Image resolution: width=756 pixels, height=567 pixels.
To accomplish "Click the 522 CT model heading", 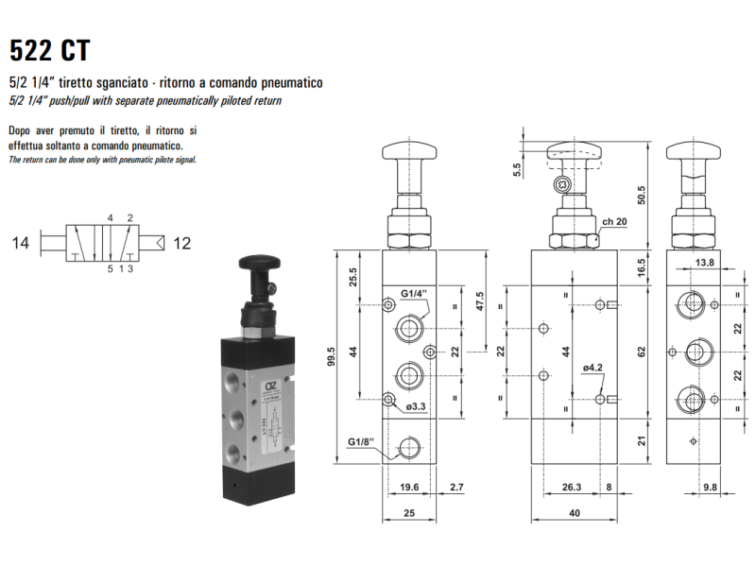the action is [50, 50].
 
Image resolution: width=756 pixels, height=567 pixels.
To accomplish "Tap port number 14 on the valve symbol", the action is [21, 243].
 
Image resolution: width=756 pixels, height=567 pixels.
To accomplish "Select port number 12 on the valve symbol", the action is [181, 243].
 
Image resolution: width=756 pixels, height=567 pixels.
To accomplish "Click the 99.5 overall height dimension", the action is [331, 357].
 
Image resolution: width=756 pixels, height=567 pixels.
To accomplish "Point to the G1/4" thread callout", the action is [414, 294].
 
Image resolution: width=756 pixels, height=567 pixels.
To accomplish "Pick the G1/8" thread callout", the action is [361, 441].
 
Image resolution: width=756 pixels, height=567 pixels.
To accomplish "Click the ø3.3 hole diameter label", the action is [416, 406].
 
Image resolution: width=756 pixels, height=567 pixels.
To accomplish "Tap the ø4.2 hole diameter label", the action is [593, 368].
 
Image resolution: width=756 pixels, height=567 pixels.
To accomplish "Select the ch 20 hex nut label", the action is [614, 221].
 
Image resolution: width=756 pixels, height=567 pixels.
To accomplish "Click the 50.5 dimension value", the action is [642, 196].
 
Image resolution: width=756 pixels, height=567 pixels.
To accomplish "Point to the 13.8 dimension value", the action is [704, 263].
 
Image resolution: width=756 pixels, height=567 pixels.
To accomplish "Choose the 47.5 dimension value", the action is [480, 301].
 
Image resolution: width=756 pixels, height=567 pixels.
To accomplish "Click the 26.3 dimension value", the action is [572, 487].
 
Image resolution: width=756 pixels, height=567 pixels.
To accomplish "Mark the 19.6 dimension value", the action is [409, 487].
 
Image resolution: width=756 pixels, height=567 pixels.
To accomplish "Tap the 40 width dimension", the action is [575, 513].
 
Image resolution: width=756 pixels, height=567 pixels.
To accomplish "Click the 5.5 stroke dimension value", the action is [517, 170].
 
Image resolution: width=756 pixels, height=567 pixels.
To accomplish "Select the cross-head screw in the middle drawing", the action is [562, 183].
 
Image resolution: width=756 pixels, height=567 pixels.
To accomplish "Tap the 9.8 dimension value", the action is [710, 487].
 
